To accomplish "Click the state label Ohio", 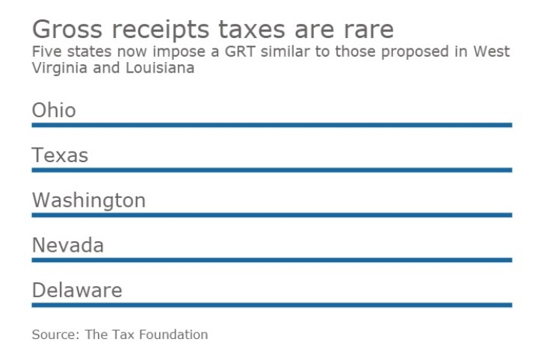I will pyautogui.click(x=54, y=111).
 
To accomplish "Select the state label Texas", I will pyautogui.click(x=60, y=155).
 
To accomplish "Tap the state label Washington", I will pyautogui.click(x=88, y=200).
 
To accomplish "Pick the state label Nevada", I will pyautogui.click(x=67, y=245).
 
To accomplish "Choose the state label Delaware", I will pyautogui.click(x=76, y=290).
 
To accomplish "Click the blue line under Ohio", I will pyautogui.click(x=271, y=125).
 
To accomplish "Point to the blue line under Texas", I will pyautogui.click(x=271, y=170).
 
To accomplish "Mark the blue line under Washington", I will pyautogui.click(x=271, y=214).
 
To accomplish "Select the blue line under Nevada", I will pyautogui.click(x=271, y=259).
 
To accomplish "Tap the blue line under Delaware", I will pyautogui.click(x=271, y=304).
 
